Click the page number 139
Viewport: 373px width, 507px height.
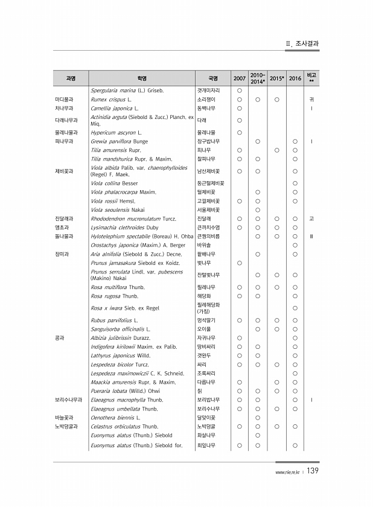tap(313, 471)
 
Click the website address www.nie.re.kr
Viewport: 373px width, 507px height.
tap(287, 473)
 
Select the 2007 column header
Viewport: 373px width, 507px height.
tap(239, 78)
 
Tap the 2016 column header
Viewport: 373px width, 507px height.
tap(295, 78)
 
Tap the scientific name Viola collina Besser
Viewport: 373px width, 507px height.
tap(114, 183)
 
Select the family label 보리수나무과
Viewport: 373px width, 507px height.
tap(68, 400)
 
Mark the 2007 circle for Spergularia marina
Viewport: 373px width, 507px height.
tap(239, 90)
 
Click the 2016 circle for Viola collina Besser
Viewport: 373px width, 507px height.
tap(295, 183)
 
